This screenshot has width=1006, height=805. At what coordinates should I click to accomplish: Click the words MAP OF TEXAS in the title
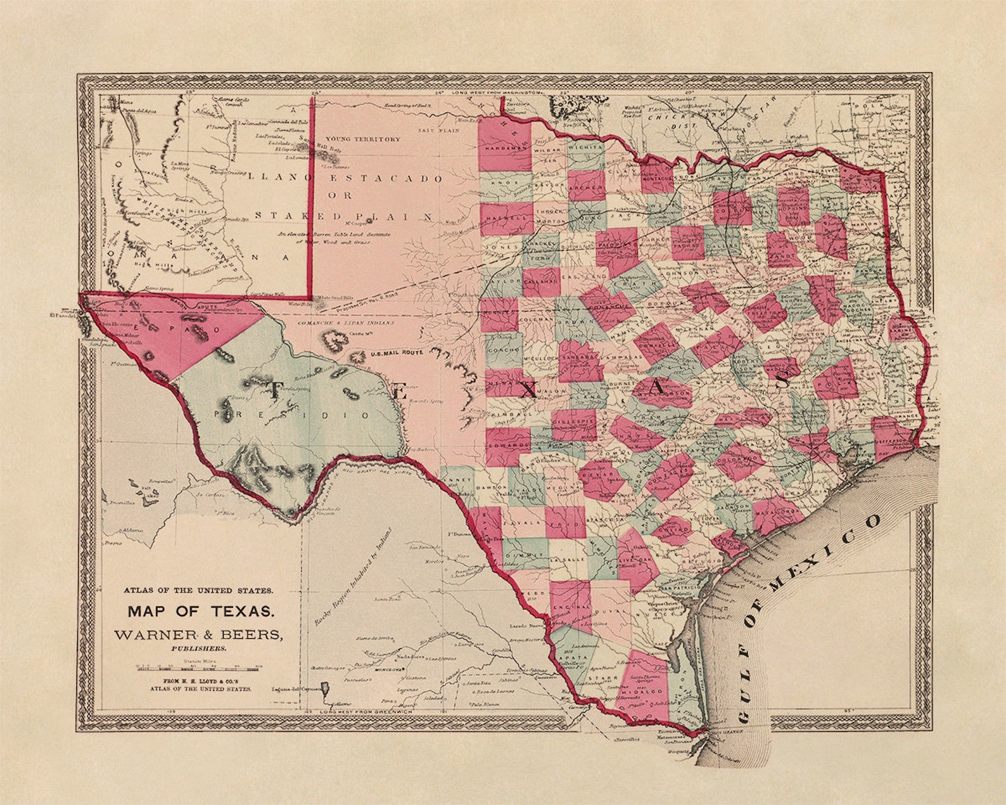[x=201, y=612]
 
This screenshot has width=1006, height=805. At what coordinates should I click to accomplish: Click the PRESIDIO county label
[x=292, y=415]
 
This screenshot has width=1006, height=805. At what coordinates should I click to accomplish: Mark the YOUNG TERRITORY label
[x=362, y=139]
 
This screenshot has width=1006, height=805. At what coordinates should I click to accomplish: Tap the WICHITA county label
[x=585, y=147]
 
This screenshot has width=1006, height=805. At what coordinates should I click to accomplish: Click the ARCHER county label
[x=585, y=190]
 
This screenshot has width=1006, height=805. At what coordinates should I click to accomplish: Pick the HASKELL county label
[x=506, y=216]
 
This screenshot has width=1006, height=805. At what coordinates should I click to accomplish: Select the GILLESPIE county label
[x=574, y=420]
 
